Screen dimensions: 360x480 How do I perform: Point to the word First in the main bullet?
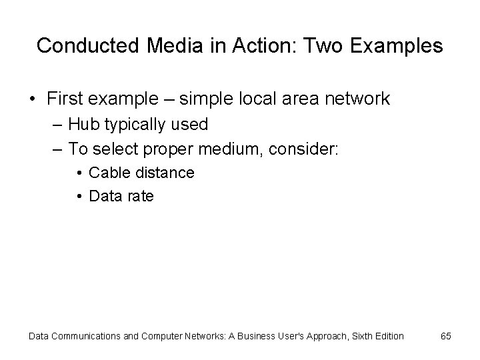pos(67,99)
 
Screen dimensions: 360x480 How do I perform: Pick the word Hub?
pos(82,124)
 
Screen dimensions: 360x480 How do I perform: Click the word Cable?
pos(109,173)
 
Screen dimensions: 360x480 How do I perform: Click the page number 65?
pos(445,336)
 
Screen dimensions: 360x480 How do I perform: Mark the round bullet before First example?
pos(33,100)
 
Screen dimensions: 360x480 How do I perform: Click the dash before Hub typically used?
pos(54,125)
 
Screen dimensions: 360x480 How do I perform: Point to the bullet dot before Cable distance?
pos(79,173)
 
